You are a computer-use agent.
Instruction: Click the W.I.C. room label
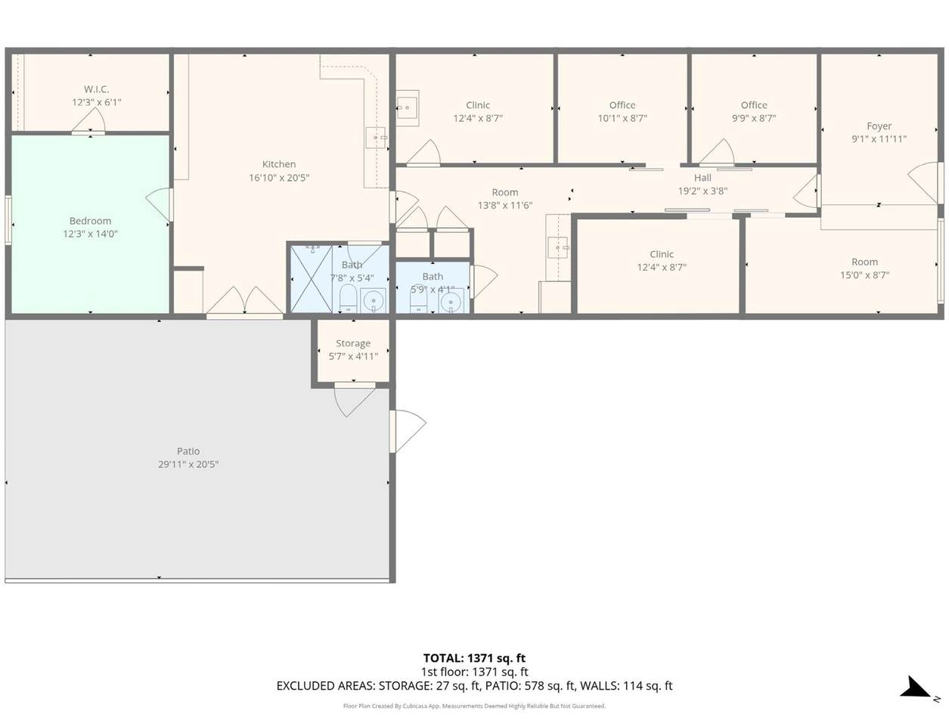(96, 89)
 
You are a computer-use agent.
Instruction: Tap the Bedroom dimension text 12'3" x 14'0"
(90, 234)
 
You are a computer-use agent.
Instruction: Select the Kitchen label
(279, 164)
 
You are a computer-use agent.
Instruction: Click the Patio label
(188, 451)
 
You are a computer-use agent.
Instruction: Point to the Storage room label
(353, 343)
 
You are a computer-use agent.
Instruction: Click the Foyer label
(879, 126)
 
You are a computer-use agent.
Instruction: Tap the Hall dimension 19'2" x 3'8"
(702, 191)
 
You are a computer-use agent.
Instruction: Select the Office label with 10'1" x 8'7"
(622, 105)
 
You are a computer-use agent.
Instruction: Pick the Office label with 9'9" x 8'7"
(754, 105)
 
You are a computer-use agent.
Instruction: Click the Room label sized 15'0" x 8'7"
(865, 262)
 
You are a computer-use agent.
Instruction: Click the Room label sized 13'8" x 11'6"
(504, 192)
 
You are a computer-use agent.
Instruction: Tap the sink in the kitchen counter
(375, 138)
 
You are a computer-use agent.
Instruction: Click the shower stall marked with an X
(311, 279)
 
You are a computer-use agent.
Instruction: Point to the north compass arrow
(916, 689)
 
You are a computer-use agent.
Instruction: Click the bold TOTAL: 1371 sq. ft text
(474, 658)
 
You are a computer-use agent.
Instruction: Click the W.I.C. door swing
(88, 120)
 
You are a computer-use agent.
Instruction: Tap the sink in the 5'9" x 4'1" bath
(451, 300)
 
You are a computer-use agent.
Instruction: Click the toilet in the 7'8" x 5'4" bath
(348, 299)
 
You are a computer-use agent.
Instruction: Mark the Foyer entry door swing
(924, 182)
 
